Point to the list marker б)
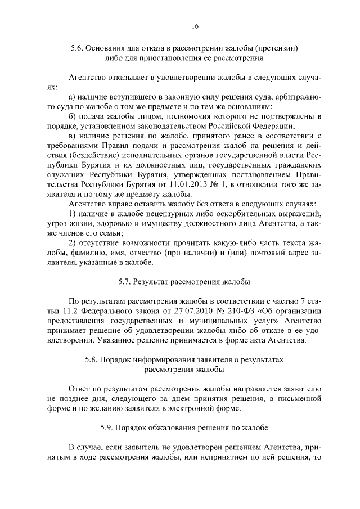[x=72, y=116]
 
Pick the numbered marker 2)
[x=72, y=242]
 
